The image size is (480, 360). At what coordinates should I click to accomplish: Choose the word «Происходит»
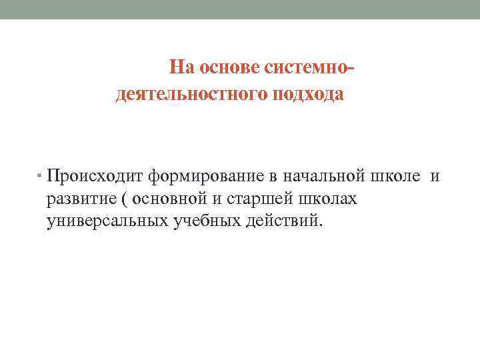coord(96,177)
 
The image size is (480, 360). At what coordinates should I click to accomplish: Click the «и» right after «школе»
coord(435,177)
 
